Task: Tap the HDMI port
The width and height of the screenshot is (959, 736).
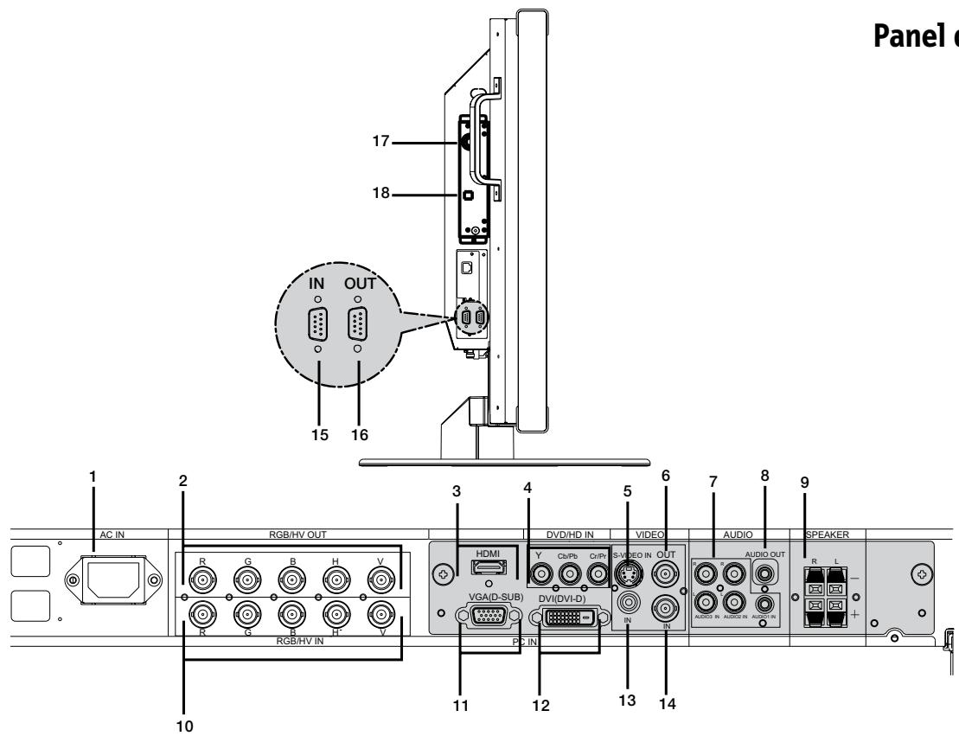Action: (479, 567)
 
